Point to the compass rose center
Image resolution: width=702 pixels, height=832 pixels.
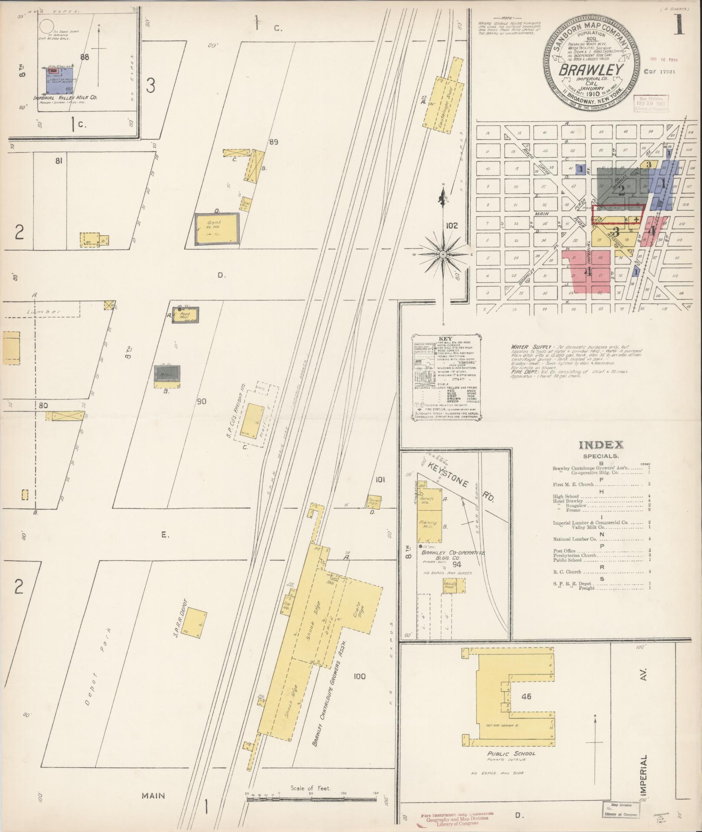coord(443,254)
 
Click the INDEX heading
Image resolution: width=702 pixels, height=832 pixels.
coord(601,445)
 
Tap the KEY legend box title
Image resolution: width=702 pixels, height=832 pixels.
coord(446,338)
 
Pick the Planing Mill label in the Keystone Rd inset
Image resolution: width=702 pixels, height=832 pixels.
coord(427,525)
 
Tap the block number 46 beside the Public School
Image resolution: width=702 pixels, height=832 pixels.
coord(526,696)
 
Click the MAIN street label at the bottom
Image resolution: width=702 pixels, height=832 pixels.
coord(153,795)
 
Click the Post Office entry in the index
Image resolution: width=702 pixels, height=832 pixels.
coord(564,551)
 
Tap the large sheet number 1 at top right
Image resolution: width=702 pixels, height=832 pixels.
coord(678,27)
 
